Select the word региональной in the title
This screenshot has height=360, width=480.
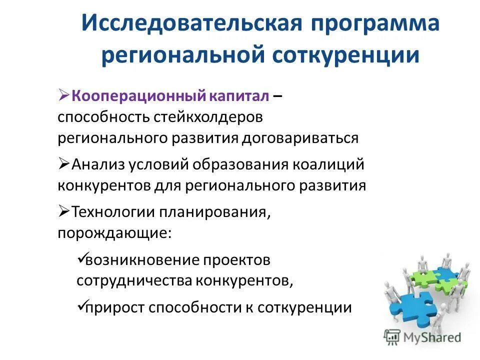pos(182,55)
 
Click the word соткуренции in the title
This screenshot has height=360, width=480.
pos(346,55)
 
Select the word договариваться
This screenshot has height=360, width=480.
pos(300,138)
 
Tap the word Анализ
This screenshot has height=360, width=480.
pos(99,164)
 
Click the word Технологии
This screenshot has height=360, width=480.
pos(113,212)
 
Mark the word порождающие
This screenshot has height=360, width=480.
pos(114,233)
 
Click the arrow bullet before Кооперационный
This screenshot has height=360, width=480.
pos(64,95)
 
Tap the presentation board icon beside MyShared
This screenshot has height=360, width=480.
pos(392,337)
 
